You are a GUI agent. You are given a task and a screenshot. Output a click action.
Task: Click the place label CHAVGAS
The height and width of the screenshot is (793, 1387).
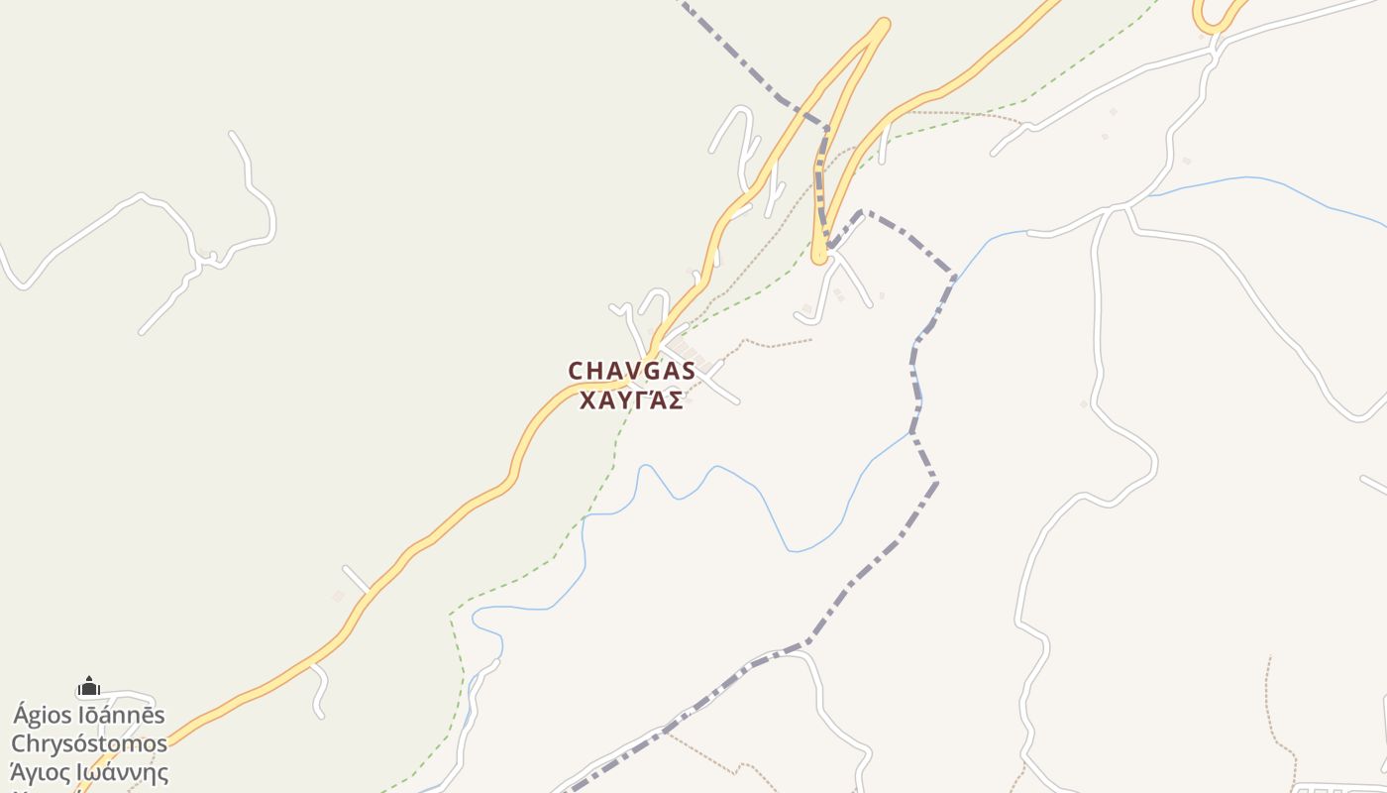[x=632, y=371]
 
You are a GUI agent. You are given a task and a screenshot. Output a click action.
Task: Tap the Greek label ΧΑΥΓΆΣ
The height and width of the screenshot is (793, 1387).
[x=632, y=401]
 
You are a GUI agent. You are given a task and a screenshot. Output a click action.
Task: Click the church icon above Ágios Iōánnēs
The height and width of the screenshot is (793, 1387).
[x=89, y=686]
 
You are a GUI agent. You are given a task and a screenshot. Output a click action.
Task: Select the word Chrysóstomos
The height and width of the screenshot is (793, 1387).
[x=89, y=743]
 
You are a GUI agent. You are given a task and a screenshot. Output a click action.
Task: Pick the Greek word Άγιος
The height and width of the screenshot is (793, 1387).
[x=40, y=772]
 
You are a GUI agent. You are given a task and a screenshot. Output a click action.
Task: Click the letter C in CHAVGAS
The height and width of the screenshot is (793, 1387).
[x=577, y=371]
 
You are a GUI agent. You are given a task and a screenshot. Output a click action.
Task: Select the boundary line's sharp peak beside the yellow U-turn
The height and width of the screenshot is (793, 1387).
[x=860, y=211]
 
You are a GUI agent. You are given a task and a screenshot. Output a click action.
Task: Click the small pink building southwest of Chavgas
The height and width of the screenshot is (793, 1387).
[x=338, y=596]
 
